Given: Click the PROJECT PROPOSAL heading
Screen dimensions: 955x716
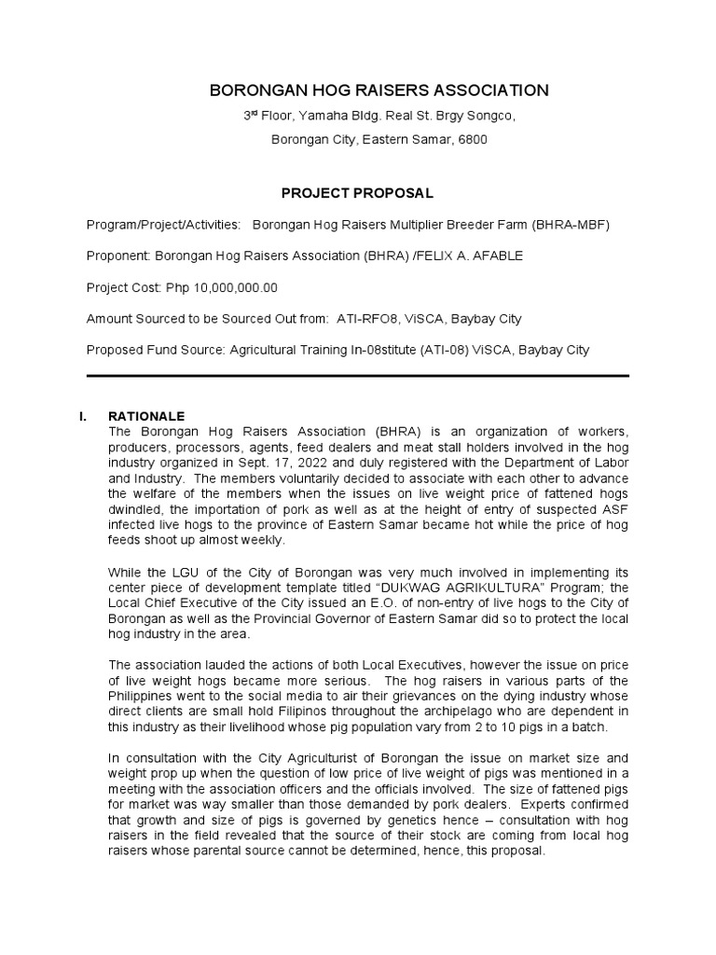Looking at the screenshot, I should pyautogui.click(x=357, y=193).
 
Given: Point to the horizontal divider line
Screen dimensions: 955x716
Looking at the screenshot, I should pyautogui.click(x=357, y=376).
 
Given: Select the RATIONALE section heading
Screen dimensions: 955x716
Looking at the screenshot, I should pyautogui.click(x=146, y=416).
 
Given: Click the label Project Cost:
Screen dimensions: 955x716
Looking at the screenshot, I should pyautogui.click(x=123, y=287).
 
